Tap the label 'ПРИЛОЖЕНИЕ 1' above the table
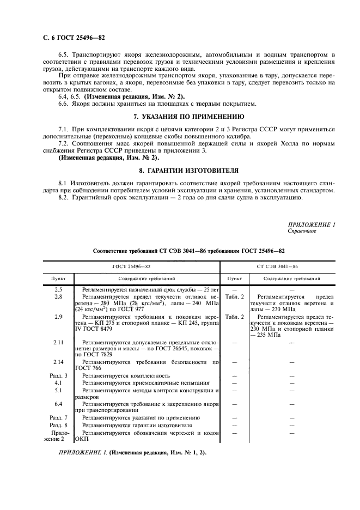pos(312,224)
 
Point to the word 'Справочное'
pos(301,231)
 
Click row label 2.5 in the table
pos(58,290)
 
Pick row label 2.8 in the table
pos(58,296)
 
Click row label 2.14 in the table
pos(58,361)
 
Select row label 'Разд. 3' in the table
pos(58,375)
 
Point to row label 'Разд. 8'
pos(58,424)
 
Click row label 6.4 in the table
pos(58,404)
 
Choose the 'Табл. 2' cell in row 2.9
pos(234,317)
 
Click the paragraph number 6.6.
pos(64,104)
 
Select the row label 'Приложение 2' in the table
pos(58,435)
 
